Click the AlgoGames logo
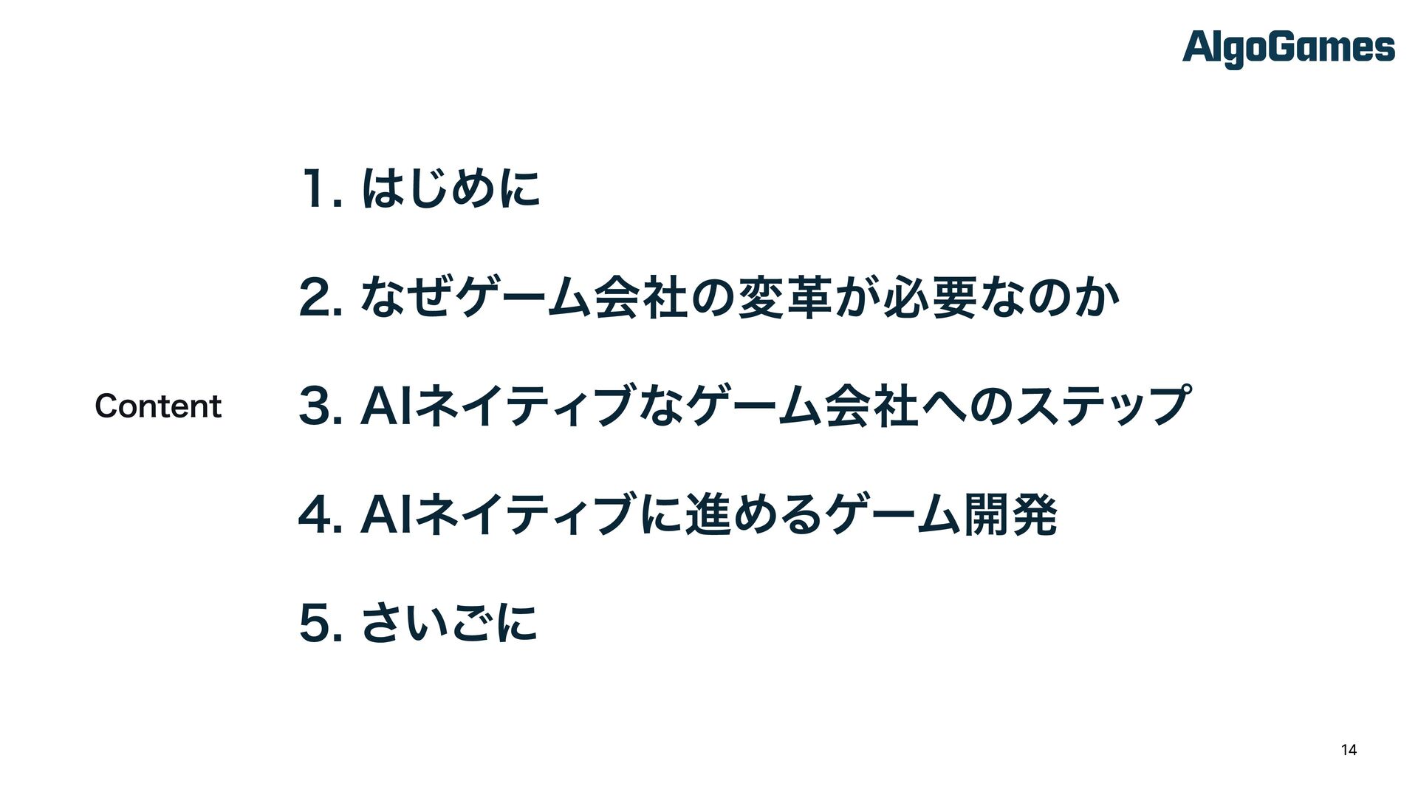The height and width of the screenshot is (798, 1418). pyautogui.click(x=1288, y=49)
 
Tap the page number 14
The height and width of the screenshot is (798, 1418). pyautogui.click(x=1349, y=750)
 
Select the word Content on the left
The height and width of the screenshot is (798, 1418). pyautogui.click(x=158, y=406)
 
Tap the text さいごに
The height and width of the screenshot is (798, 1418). pyautogui.click(x=449, y=623)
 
